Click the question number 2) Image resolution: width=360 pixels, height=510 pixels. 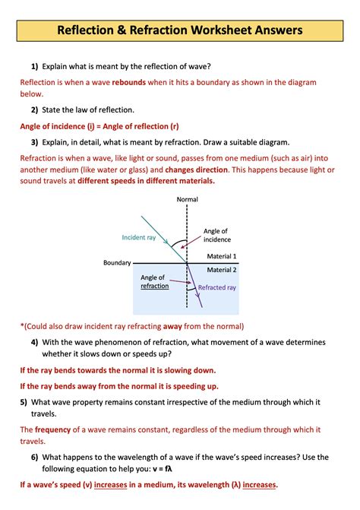coord(33,109)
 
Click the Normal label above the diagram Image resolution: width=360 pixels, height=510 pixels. coord(187,199)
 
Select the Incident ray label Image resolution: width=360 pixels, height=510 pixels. coord(138,237)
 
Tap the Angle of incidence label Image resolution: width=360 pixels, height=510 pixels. coord(216,235)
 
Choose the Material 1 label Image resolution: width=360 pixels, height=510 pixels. coord(222,256)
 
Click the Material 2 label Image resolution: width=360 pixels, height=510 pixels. coord(222,270)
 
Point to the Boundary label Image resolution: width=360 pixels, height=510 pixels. coord(118,263)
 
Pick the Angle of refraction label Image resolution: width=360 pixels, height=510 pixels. coord(153,282)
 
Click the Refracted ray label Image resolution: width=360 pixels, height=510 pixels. coord(217,288)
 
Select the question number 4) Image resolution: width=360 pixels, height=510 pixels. coord(33,342)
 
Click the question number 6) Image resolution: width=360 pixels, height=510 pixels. coord(33,457)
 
